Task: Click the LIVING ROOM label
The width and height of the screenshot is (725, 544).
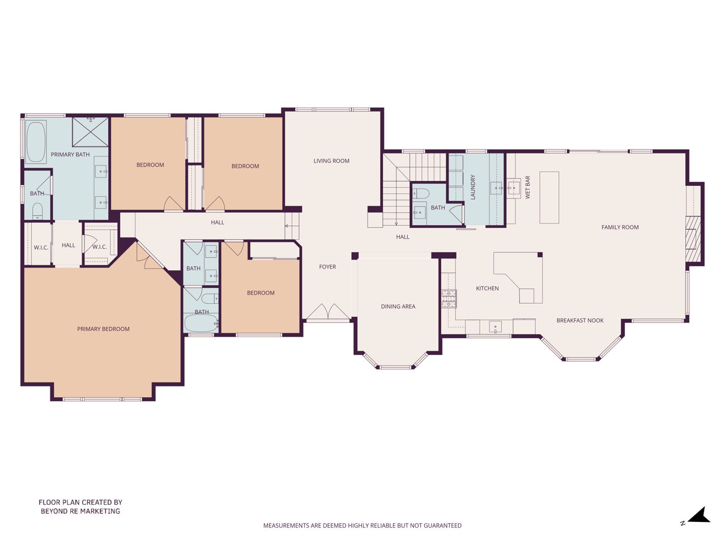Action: click(331, 161)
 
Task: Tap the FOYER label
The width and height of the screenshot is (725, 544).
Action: click(327, 266)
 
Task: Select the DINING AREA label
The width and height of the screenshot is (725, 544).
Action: click(398, 306)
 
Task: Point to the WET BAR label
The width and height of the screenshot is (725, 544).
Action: click(527, 187)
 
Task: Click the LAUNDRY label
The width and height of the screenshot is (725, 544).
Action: click(472, 187)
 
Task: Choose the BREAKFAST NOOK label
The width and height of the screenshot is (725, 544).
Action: click(579, 320)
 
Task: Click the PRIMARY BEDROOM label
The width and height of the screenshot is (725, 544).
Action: click(103, 329)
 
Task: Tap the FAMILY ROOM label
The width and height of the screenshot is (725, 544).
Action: click(620, 227)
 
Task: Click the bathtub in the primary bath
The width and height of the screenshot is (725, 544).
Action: click(36, 142)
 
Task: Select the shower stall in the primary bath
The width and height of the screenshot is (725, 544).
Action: click(91, 131)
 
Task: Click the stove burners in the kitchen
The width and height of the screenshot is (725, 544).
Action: click(449, 298)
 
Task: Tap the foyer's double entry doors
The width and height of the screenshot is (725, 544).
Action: click(327, 311)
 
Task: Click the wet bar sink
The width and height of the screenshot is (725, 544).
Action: click(514, 188)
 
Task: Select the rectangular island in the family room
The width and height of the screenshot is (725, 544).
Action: click(549, 198)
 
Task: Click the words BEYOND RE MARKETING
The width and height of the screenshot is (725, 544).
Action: click(80, 511)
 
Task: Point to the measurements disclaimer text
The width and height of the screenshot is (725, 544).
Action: click(362, 525)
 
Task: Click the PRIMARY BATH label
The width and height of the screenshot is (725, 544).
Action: click(70, 154)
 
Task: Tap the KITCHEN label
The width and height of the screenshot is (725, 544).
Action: click(487, 288)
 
